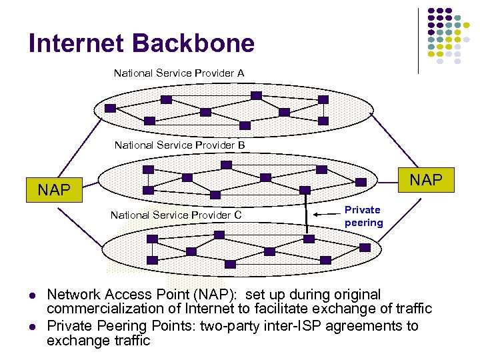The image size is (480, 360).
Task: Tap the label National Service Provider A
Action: [x=179, y=73]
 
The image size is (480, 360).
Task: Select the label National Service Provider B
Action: [x=179, y=145]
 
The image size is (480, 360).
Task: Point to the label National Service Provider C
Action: [x=175, y=215]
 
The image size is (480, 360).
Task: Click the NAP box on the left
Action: [x=54, y=189]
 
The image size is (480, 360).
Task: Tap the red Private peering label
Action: [x=363, y=216]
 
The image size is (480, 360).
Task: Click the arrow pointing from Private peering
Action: [x=327, y=214]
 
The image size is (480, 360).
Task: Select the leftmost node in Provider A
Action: [x=110, y=108]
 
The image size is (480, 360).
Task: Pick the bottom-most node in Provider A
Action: [x=245, y=125]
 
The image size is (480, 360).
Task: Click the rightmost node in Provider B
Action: [x=361, y=181]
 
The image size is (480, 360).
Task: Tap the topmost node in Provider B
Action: [x=227, y=164]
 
